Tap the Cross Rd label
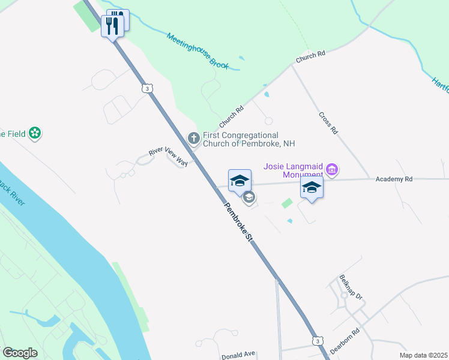tap(328, 122)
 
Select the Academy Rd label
tap(394, 179)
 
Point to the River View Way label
tap(169, 157)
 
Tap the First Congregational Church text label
tap(249, 139)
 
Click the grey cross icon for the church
tap(193, 139)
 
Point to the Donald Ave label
tap(238, 355)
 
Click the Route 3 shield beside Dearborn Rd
tap(316, 341)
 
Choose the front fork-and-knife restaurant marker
tap(112, 26)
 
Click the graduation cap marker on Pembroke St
tap(240, 181)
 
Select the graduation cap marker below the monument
tap(312, 188)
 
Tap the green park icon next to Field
tap(35, 133)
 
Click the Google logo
tap(20, 353)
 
